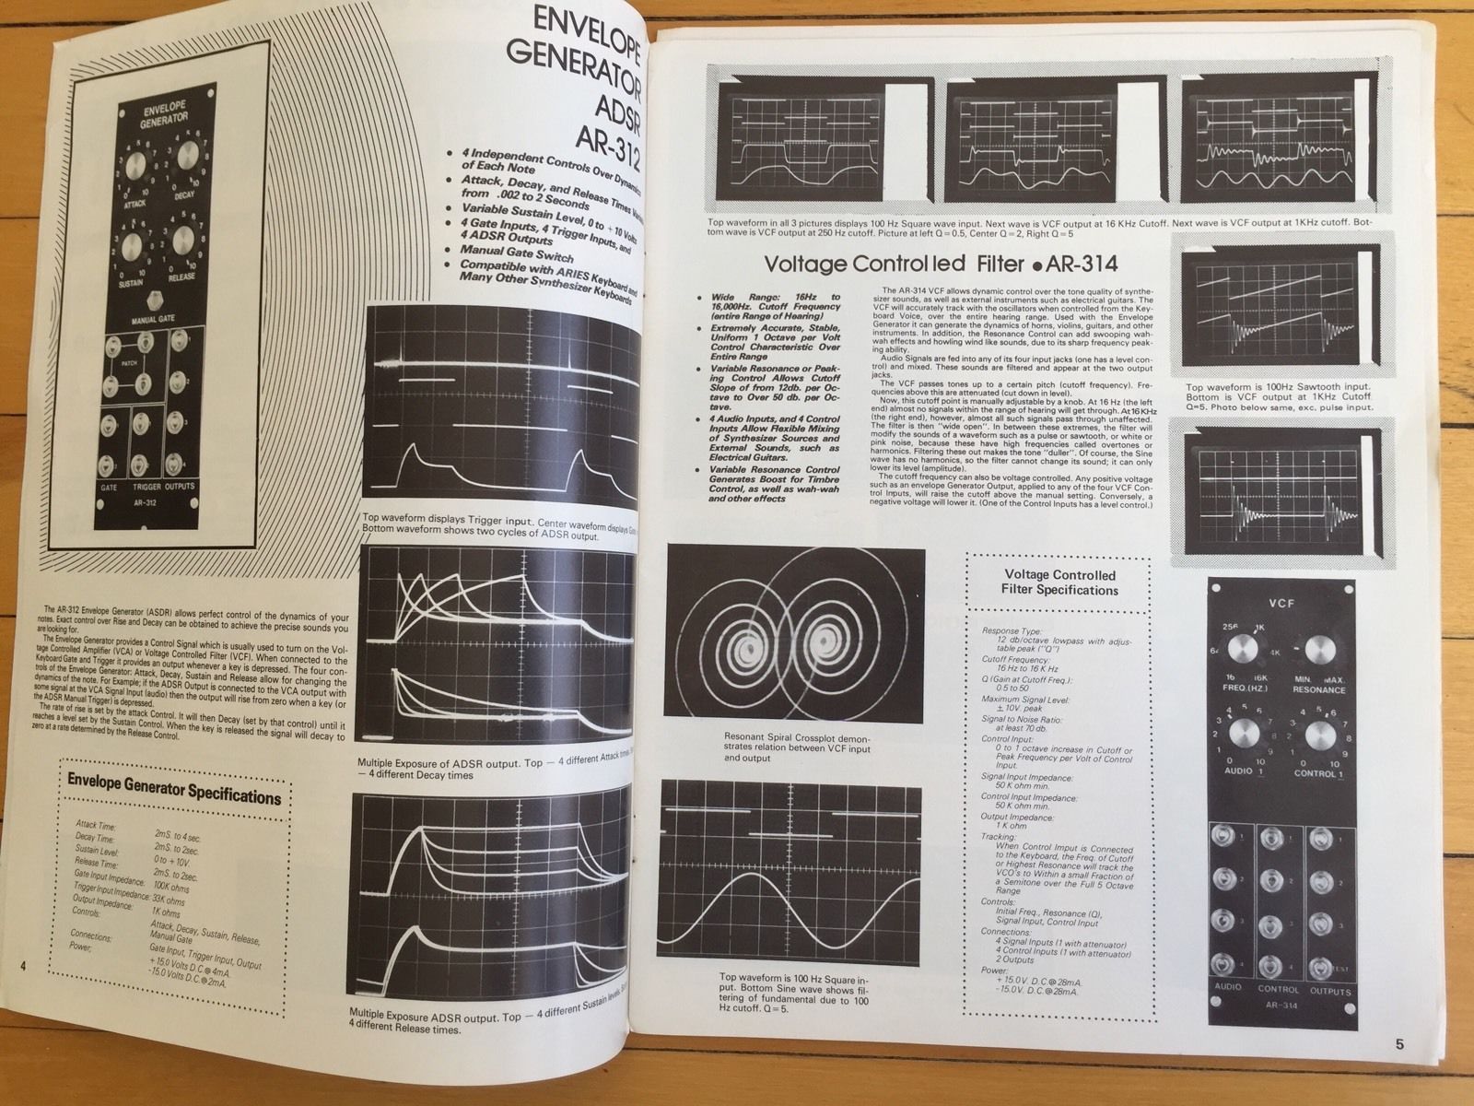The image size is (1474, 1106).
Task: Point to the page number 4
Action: tap(23, 964)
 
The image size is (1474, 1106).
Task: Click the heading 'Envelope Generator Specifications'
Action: tap(174, 793)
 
